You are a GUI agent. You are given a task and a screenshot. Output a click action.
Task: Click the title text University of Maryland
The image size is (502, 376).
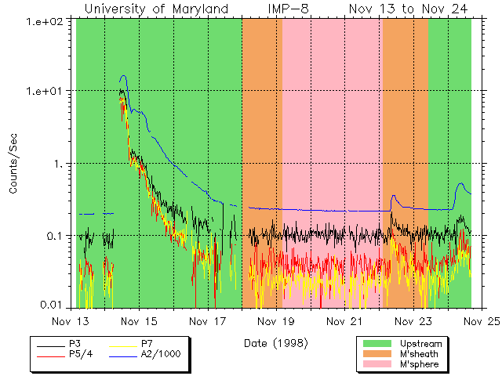[156, 9]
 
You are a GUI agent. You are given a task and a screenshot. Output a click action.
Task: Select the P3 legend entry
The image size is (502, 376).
[77, 344]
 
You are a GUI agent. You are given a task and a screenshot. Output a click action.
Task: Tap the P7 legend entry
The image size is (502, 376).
[147, 344]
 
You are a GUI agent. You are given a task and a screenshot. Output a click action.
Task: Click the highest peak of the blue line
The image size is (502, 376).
[123, 76]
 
